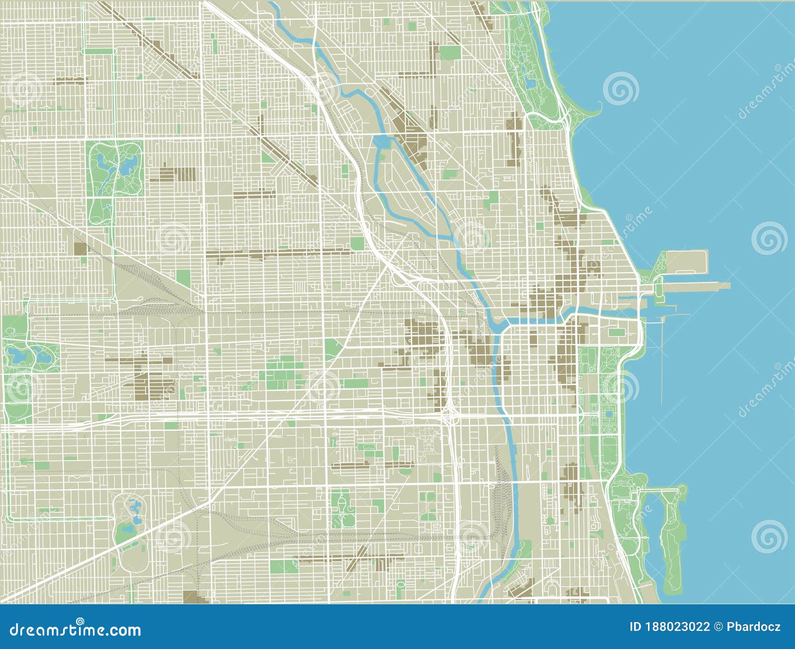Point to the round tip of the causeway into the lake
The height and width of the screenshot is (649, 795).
(x=684, y=490)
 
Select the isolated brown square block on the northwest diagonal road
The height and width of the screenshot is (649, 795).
(x=79, y=249)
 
